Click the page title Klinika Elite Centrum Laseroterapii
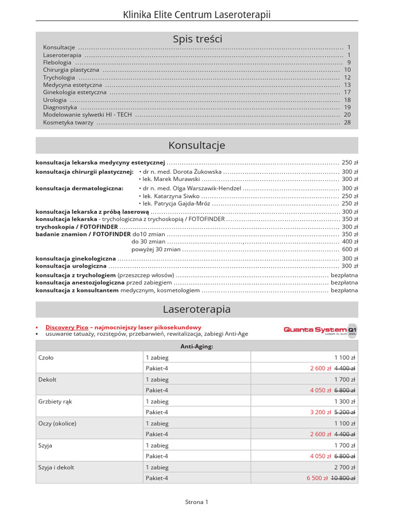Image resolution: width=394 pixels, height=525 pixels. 197,15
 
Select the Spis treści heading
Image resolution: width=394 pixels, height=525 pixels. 197,39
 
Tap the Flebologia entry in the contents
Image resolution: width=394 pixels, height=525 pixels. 57,62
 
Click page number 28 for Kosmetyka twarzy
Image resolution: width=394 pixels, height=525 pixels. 347,123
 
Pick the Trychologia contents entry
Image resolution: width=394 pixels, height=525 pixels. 59,77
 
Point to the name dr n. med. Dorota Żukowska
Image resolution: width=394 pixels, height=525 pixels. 182,172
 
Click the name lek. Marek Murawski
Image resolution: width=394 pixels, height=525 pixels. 171,179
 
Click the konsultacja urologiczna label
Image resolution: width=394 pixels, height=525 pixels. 71,266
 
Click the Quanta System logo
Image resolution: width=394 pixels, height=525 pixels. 320,330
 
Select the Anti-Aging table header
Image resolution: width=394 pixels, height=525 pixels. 197,346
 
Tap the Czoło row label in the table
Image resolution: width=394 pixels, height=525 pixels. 46,357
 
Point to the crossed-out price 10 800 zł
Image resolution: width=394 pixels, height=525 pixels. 345,478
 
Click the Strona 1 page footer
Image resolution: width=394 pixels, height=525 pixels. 197,502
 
